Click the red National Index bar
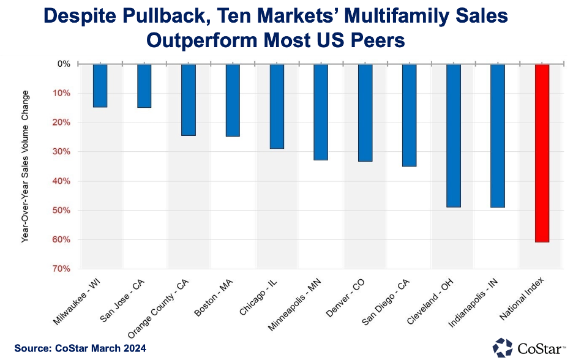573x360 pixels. point(542,153)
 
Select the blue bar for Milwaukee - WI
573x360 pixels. point(100,86)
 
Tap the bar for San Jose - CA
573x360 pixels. point(144,86)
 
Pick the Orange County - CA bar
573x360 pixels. point(188,100)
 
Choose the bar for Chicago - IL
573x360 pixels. point(277,106)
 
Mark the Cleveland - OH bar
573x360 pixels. point(453,135)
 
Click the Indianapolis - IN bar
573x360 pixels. point(497,135)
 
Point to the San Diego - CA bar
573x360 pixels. point(409,115)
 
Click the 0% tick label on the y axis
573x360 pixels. point(64,64)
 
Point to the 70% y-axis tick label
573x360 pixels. point(63,269)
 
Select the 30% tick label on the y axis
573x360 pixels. point(63,152)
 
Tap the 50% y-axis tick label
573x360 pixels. point(63,211)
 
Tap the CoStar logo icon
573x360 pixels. point(503,347)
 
